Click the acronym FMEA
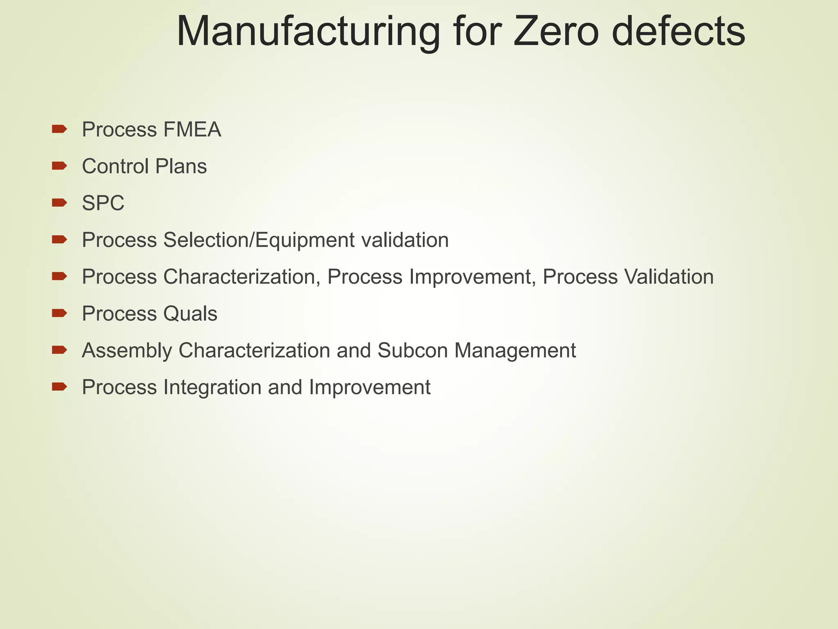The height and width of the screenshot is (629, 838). (192, 130)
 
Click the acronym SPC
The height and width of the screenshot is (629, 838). (103, 204)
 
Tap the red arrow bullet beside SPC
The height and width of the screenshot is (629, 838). (59, 202)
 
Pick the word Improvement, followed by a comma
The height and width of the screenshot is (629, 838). (472, 277)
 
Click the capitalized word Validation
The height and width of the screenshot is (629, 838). (669, 277)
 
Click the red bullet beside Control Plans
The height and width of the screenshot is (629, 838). (59, 165)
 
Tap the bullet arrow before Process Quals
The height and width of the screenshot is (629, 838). (59, 313)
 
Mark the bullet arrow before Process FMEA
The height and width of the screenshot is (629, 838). (59, 129)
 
